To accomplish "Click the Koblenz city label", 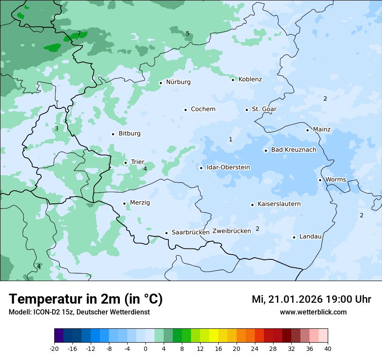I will point(250,79).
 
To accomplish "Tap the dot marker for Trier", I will point(125,163).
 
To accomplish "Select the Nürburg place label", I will point(178,82).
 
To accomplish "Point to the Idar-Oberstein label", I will point(228,167).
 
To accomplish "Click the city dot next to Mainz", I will point(307,130).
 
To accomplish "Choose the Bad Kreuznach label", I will point(293,150).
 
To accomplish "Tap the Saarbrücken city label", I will point(191,232).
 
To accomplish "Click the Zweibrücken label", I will point(231,231).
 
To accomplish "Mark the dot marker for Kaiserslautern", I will point(252,205).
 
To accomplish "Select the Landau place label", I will point(310,236).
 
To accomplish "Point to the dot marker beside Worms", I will point(320,180).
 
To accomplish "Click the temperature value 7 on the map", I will point(79,34).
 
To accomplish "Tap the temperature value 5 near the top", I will point(188,33).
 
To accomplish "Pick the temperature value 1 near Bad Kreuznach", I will point(231,139).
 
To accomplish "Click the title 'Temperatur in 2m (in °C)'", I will point(86,299).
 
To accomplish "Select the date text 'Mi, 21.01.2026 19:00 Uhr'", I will point(311,299).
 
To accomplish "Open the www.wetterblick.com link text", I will point(313,312).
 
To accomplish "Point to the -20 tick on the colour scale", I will point(54,348).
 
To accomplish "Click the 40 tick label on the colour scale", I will point(328,348).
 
